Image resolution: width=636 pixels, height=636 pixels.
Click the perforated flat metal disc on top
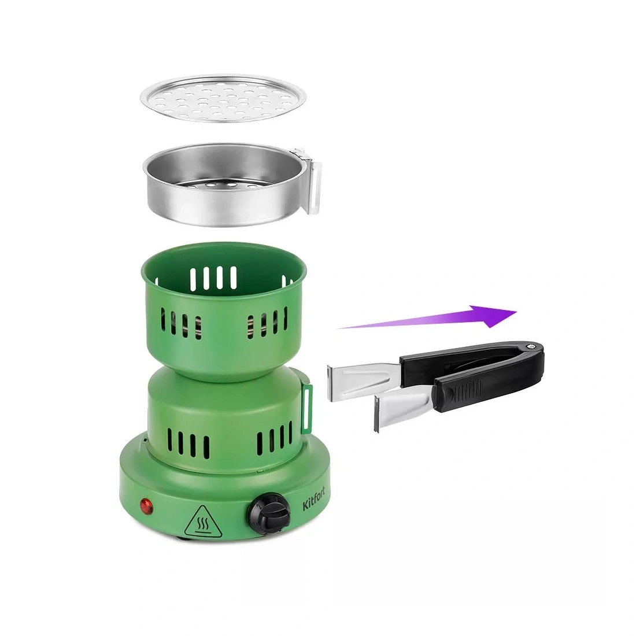[223, 98]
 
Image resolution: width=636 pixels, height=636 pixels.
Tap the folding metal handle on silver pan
[312, 179]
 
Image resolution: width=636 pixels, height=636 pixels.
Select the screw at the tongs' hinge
[530, 347]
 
